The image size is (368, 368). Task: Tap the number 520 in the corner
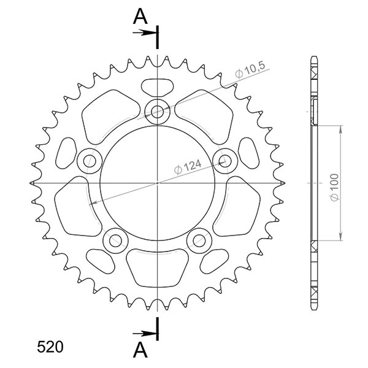point(49,347)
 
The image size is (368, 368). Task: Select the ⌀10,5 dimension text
point(250,71)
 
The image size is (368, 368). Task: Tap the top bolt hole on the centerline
point(158,111)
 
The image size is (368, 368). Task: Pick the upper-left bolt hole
point(90,161)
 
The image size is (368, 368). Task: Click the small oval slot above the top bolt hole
point(158,85)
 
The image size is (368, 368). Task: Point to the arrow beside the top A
point(147,33)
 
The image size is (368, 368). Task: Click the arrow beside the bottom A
point(147,333)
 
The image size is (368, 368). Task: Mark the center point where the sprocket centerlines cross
point(158,183)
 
